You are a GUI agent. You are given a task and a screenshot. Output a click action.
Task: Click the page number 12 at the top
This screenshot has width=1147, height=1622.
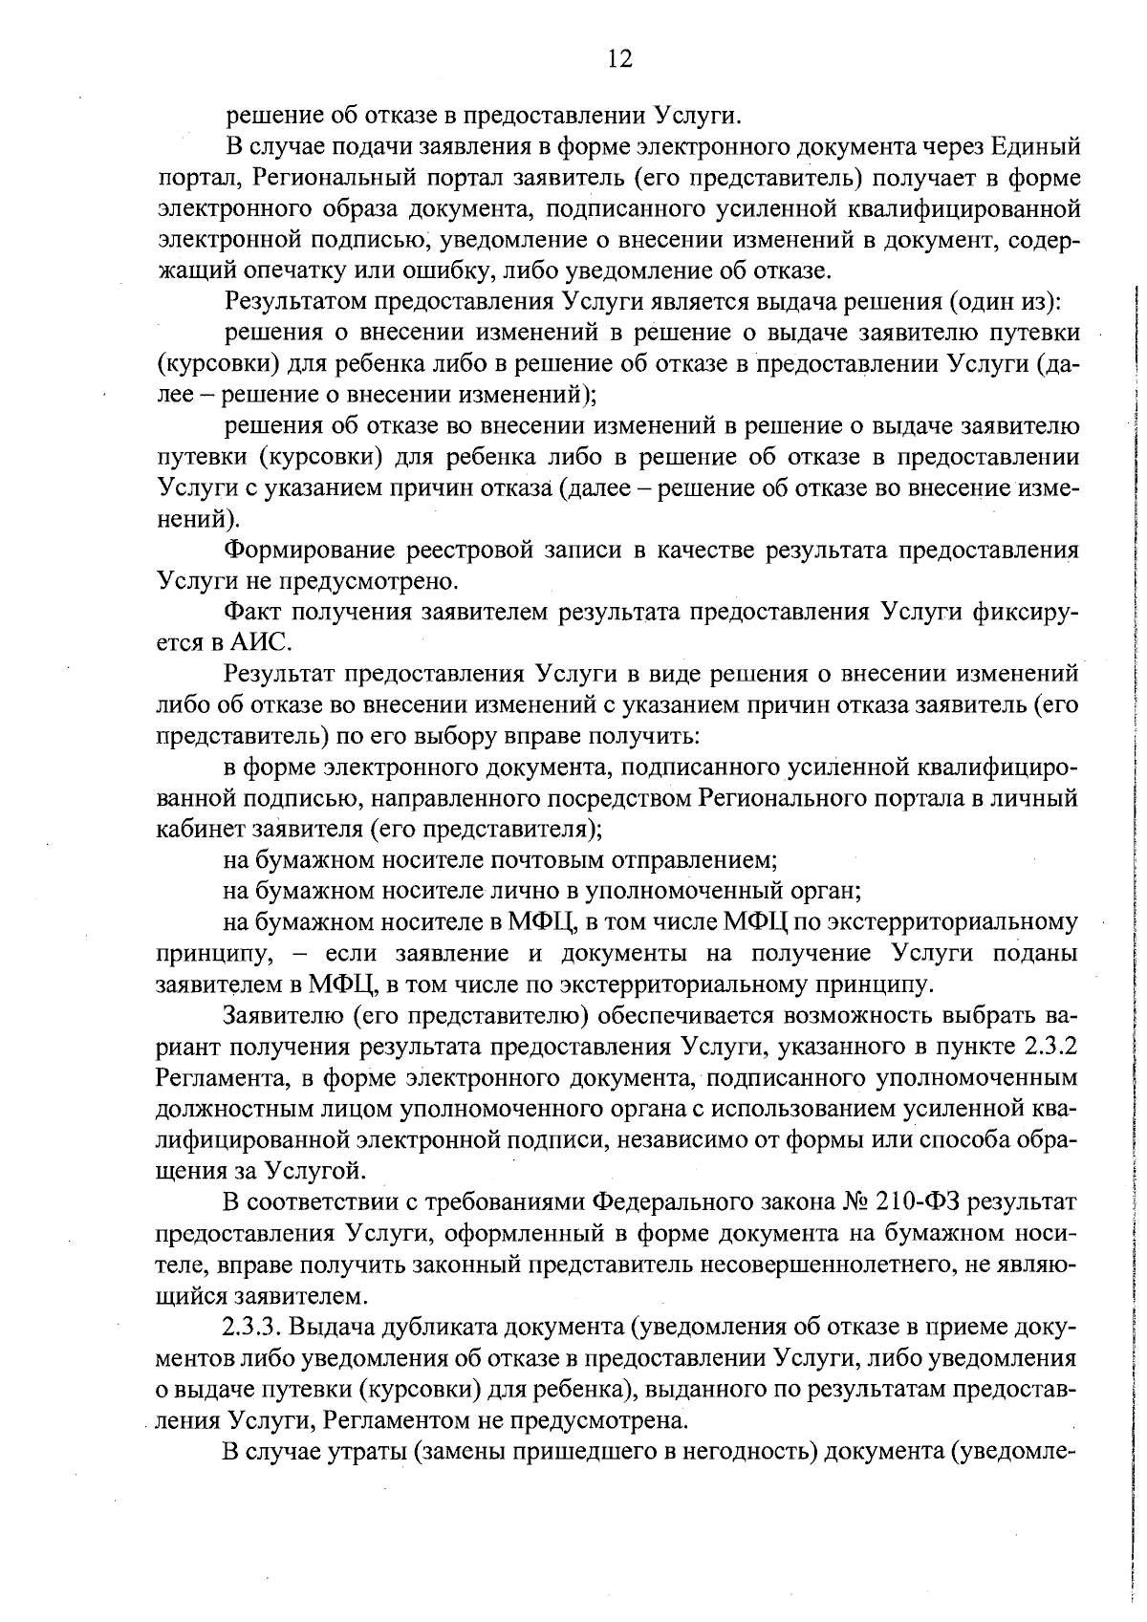coord(618,59)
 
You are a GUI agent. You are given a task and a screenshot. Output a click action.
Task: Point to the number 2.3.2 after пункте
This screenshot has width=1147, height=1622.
coord(1051,1046)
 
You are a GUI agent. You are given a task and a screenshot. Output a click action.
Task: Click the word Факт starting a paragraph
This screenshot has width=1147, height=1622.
coord(251,612)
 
